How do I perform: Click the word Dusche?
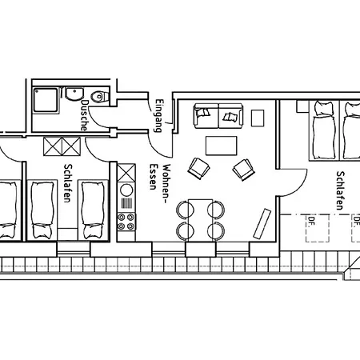(84, 115)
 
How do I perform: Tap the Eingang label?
(159, 116)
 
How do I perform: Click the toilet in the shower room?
(100, 97)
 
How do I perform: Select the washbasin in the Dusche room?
(74, 94)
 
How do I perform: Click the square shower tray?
(46, 100)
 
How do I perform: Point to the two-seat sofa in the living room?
(218, 115)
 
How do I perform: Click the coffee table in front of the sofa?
(221, 146)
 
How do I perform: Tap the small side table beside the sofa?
(258, 118)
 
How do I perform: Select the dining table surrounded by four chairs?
(201, 220)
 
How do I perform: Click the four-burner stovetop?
(126, 222)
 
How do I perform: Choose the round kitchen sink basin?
(126, 190)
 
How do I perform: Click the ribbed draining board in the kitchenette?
(126, 203)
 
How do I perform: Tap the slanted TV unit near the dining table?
(262, 223)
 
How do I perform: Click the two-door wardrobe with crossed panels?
(62, 146)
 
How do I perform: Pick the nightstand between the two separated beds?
(67, 234)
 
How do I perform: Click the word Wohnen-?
(166, 184)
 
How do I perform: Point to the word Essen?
(153, 176)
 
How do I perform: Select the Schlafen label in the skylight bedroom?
(339, 190)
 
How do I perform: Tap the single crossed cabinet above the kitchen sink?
(126, 173)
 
